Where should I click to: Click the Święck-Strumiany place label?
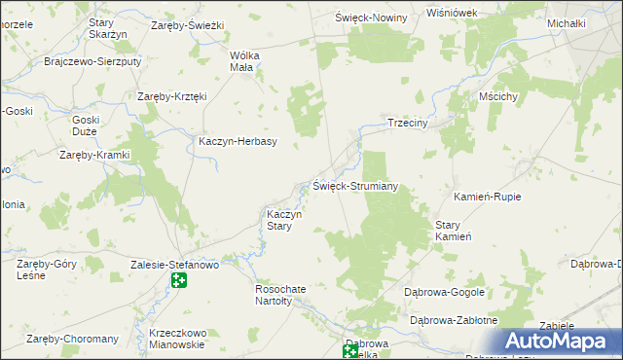pos(355,186)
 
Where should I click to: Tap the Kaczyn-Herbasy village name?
pos(238,141)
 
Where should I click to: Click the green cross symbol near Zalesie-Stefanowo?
pos(179,281)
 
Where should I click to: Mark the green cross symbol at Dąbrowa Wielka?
pos(350,350)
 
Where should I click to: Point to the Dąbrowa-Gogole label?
pos(445,292)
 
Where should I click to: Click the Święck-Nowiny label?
pos(371,18)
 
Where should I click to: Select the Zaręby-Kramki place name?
pos(94,155)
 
